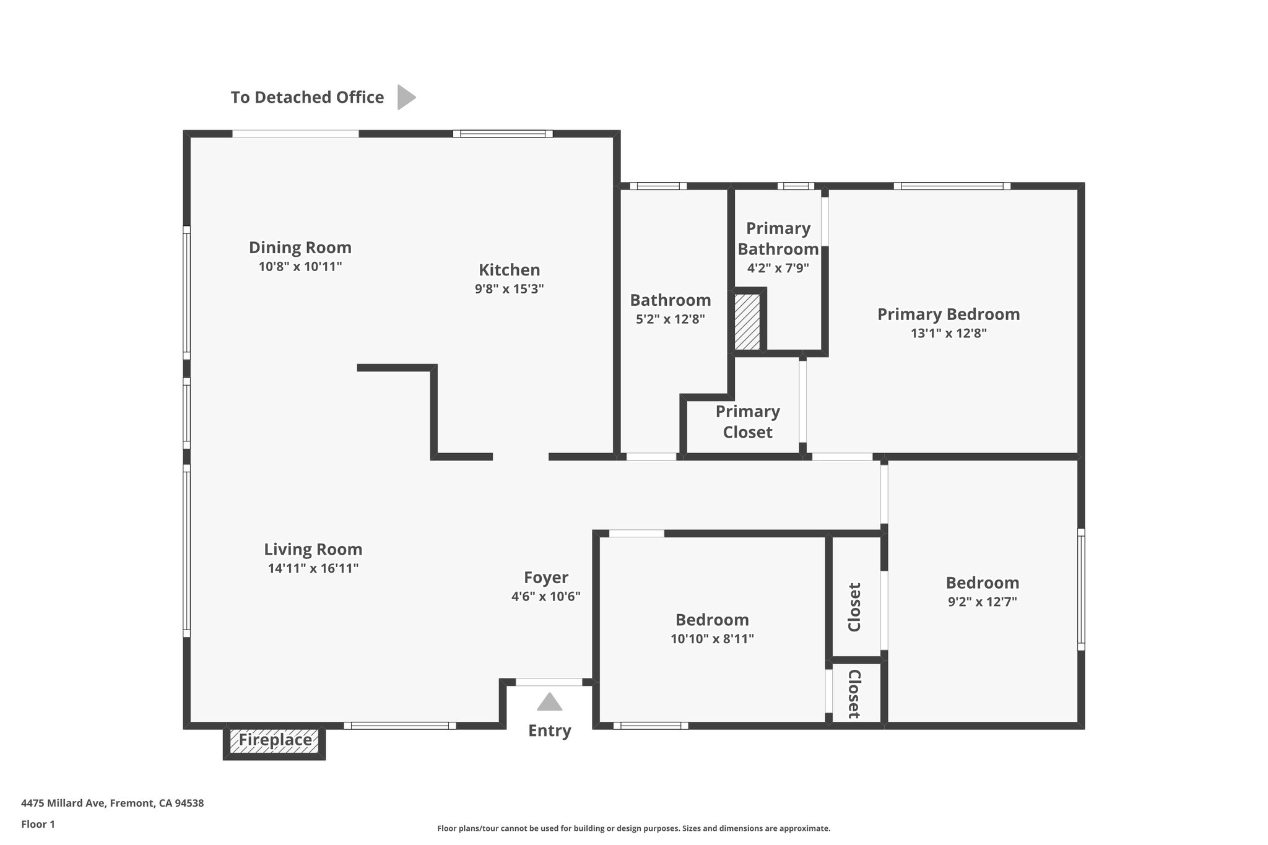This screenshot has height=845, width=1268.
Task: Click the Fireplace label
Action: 275,740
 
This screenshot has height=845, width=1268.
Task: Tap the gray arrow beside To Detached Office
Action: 406,97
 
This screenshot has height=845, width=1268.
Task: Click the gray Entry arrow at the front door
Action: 549,703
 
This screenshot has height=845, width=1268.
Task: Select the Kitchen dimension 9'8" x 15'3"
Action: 509,289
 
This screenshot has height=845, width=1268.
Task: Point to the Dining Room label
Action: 300,248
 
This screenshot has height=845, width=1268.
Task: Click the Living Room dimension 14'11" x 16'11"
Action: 313,568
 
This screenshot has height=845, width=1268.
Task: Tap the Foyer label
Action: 545,578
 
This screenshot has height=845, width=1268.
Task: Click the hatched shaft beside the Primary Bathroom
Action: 747,322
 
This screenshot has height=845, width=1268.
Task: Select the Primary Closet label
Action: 747,422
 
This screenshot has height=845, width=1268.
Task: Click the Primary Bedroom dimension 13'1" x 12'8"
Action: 949,333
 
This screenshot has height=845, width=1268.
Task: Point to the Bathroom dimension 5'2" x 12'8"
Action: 671,319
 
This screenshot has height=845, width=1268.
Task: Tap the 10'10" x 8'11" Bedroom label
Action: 712,620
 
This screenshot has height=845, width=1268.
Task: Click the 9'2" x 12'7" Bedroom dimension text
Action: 983,602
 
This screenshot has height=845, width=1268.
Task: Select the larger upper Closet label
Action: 854,607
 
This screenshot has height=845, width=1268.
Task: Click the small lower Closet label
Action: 854,694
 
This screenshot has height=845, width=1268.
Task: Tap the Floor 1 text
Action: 38,824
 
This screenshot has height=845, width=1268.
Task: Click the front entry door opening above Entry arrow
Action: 549,682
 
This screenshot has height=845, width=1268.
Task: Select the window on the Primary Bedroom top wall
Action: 952,186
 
